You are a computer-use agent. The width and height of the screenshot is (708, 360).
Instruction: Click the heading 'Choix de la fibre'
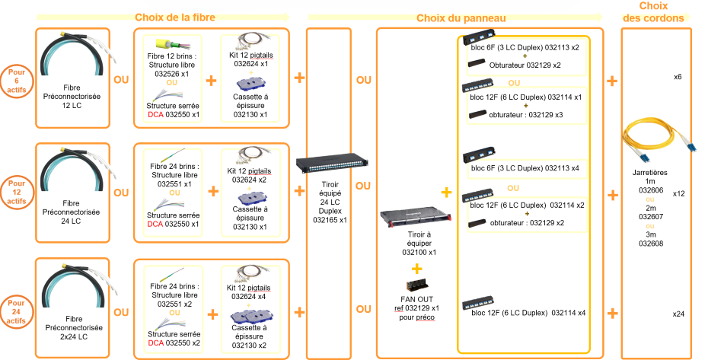click(174, 17)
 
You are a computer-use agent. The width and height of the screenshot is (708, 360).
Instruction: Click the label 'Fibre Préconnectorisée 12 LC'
click(72, 97)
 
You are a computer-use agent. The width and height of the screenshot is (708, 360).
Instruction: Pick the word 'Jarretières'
click(650, 172)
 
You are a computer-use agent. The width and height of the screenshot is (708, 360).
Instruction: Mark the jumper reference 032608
click(651, 244)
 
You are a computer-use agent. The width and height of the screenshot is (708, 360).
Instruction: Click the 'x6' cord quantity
click(678, 78)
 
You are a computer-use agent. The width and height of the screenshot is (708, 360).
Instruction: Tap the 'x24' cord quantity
click(678, 314)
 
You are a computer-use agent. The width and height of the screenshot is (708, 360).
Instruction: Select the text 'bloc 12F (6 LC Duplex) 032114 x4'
click(528, 313)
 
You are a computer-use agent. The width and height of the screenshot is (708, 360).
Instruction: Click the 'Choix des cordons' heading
click(653, 13)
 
